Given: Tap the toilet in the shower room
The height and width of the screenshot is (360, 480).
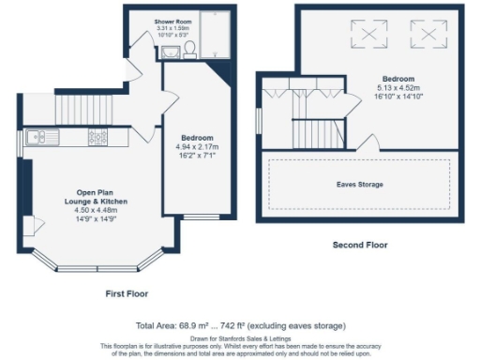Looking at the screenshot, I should coord(188,49).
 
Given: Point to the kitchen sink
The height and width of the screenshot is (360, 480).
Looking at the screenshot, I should coord(40,138).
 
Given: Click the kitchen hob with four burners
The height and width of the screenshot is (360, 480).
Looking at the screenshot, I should coord(98,138).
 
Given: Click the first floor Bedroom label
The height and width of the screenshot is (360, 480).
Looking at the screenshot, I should coord(197,138).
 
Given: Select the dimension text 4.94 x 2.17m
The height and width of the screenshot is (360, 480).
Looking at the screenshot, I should coord(197,147).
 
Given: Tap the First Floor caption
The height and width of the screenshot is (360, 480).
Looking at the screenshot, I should coord(127,292).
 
